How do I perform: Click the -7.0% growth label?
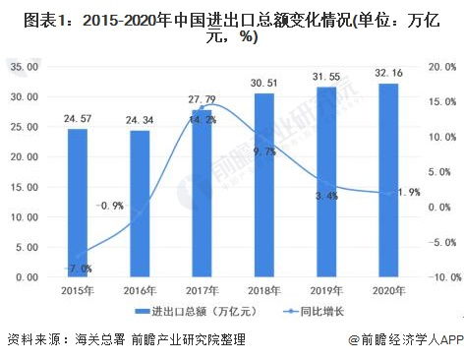coord(80,268)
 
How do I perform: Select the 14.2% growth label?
coord(203,119)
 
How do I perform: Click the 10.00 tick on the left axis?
coord(24,217)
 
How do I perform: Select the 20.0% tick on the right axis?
coord(441,67)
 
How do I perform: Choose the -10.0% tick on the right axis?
coord(439,278)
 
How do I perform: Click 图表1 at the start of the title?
coord(29,18)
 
